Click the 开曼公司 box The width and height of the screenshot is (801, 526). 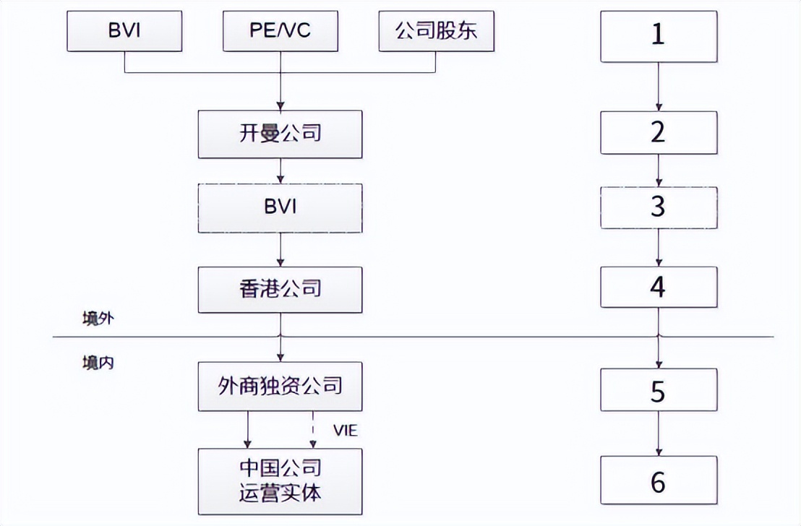click(x=280, y=134)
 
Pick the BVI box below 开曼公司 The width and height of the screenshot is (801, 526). click(x=280, y=208)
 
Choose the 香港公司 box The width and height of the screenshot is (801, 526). click(x=280, y=289)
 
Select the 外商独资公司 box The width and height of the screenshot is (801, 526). click(x=280, y=387)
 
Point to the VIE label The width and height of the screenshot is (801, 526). click(x=345, y=431)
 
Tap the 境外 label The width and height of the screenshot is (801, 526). click(x=97, y=318)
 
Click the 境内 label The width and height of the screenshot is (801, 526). click(x=97, y=363)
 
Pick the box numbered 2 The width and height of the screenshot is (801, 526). click(x=658, y=133)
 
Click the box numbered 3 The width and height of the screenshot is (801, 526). click(x=658, y=208)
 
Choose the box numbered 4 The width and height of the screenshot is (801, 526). click(x=658, y=288)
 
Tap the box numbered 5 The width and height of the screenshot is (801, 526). click(x=658, y=391)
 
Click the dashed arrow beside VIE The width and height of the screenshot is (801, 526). click(x=313, y=430)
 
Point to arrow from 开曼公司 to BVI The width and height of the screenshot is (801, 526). click(x=280, y=171)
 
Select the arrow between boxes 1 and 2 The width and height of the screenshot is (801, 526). click(x=658, y=87)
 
